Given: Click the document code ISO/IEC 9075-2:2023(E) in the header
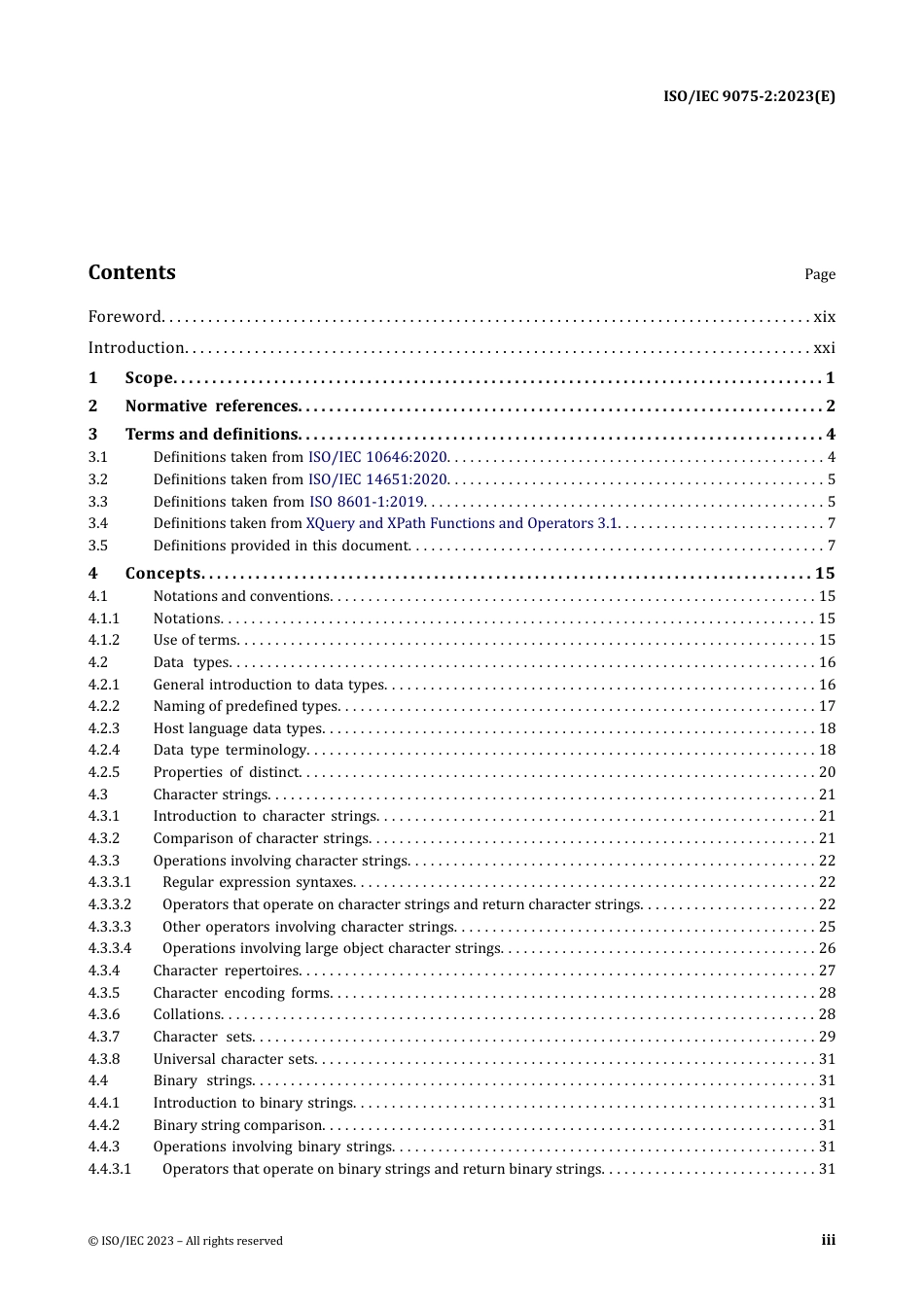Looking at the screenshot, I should [x=749, y=96].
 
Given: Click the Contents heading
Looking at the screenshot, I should [x=132, y=273].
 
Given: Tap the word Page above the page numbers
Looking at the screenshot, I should [x=819, y=274].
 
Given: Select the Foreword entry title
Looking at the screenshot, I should [x=124, y=317].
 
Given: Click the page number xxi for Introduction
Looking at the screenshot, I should [x=824, y=348].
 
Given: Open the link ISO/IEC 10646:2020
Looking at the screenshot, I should [x=377, y=457].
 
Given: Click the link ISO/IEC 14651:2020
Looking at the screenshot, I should [x=377, y=479].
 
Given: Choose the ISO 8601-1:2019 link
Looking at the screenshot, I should [x=367, y=502].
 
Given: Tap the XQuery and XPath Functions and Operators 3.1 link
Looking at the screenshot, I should [x=462, y=523].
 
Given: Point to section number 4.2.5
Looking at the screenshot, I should [x=104, y=772].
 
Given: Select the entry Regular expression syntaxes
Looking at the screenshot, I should [x=258, y=882].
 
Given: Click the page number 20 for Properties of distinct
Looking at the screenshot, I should [x=827, y=772].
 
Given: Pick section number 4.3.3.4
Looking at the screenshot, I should [x=110, y=948].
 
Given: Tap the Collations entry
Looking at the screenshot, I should [x=188, y=1014].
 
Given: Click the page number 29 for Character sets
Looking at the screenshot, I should [x=827, y=1037].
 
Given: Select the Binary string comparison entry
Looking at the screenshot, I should [x=238, y=1125].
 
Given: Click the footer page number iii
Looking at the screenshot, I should [x=828, y=1240].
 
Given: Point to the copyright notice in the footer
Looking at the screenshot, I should [x=186, y=1241].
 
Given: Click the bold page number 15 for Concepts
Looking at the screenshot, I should [x=825, y=574].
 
